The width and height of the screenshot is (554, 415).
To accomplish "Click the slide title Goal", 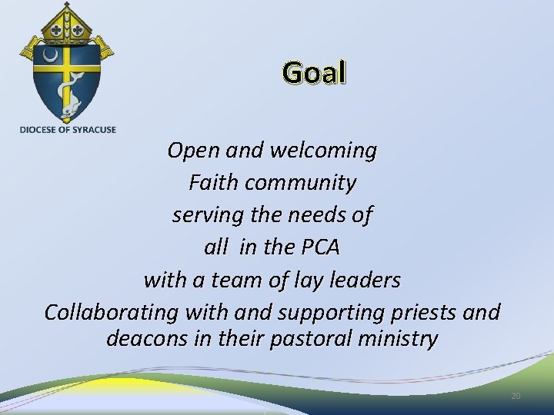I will pos(315,72).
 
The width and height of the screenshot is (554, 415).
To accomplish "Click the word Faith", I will pos(213,183).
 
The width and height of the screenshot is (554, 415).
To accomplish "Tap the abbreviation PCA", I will pos(317,247).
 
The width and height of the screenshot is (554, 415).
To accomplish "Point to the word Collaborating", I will pos(110,313).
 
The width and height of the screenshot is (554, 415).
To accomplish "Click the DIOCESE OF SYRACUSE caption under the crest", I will pos(68,129).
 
